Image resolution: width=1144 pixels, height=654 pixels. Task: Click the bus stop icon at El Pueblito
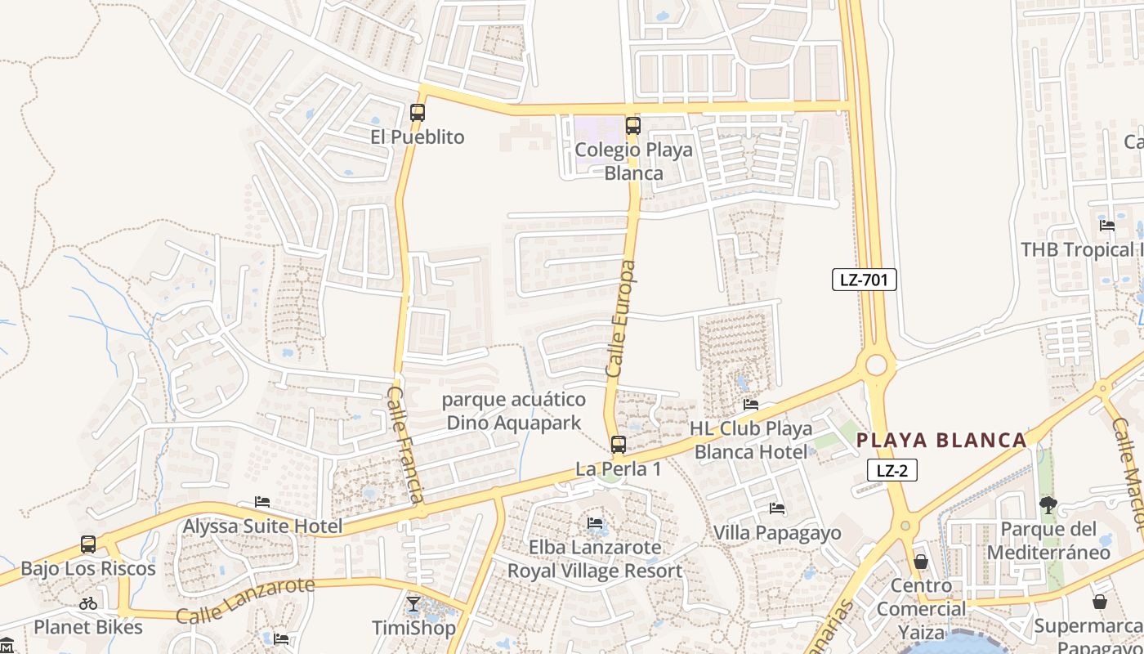tap(418, 113)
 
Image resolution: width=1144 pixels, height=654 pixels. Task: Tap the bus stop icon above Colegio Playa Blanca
tap(633, 126)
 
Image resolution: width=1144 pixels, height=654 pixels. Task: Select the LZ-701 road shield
tap(865, 280)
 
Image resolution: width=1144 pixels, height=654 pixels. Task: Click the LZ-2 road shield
tap(892, 470)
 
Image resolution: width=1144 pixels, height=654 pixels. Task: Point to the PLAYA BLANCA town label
tap(941, 441)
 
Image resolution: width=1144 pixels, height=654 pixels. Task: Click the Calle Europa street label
tap(621, 319)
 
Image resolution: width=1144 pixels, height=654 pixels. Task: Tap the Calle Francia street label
tap(406, 446)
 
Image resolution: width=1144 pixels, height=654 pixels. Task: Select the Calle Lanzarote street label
tap(244, 601)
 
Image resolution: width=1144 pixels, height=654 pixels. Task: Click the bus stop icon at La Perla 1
tap(619, 445)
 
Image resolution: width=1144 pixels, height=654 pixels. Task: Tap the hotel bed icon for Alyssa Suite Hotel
tap(262, 502)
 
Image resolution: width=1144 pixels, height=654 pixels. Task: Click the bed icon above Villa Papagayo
tap(777, 508)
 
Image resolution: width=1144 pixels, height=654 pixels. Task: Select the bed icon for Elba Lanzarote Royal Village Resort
tap(595, 523)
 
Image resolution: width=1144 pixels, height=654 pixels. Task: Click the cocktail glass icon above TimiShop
tap(413, 604)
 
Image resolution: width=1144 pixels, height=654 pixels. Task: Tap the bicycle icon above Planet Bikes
tap(88, 604)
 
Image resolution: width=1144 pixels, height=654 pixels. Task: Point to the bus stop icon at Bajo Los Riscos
tap(88, 544)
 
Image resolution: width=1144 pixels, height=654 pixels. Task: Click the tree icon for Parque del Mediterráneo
tap(1048, 505)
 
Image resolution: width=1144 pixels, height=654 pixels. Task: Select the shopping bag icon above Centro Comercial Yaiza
tap(921, 562)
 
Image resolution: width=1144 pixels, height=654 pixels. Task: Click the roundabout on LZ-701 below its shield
tap(877, 365)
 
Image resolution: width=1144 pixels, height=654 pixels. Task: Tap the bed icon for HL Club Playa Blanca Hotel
tap(751, 405)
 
